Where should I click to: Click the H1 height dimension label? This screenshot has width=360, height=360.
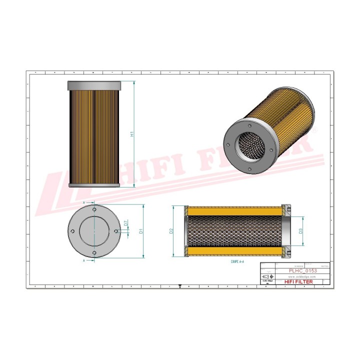[132, 134]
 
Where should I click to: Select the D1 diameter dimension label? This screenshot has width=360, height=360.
[141, 231]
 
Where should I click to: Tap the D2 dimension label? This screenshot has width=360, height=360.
[171, 230]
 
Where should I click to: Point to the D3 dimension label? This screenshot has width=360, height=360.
[300, 231]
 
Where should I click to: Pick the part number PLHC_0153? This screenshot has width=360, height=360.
[303, 270]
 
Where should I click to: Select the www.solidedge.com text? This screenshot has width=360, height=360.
[302, 276]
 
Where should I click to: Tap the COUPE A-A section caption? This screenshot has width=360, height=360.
[237, 261]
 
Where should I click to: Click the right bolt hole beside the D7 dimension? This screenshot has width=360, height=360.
[116, 230]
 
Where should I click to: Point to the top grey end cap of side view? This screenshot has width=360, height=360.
[93, 84]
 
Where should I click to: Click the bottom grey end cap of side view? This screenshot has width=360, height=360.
[93, 185]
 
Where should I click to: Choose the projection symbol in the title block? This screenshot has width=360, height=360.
[268, 276]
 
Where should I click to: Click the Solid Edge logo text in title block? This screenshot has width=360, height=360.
[267, 281]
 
